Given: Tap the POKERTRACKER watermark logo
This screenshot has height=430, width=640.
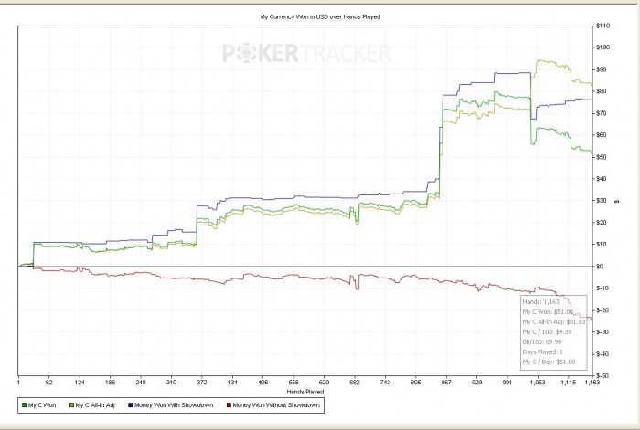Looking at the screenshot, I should click(x=307, y=54).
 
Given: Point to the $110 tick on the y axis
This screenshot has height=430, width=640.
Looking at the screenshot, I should click(x=603, y=47).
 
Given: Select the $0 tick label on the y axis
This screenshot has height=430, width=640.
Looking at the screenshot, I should click(x=599, y=267).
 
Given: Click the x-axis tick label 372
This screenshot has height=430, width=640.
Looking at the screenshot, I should click(x=203, y=383).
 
